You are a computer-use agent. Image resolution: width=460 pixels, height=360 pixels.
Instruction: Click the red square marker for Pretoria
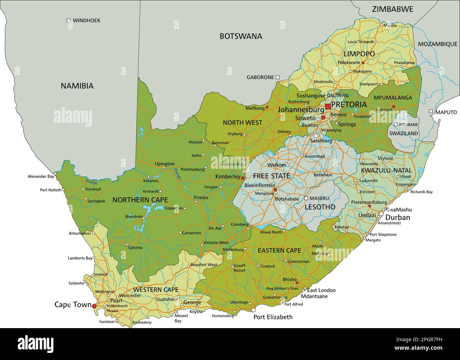(328, 106)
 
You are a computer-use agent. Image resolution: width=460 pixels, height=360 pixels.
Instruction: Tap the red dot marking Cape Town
(94, 306)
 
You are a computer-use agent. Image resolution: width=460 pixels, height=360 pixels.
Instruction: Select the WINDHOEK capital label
(86, 21)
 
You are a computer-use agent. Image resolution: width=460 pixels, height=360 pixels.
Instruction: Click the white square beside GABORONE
(278, 77)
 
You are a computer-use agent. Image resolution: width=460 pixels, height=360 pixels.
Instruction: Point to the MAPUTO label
(446, 112)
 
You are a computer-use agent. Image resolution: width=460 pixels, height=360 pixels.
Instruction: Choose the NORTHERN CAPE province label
(140, 200)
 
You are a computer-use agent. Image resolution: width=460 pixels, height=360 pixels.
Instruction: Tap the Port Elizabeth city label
(273, 317)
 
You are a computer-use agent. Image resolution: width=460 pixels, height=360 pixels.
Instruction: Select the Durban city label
(397, 217)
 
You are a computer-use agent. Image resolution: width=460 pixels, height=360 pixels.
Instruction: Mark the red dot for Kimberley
(243, 178)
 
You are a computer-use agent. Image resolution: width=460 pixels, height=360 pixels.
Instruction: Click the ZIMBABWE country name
(392, 9)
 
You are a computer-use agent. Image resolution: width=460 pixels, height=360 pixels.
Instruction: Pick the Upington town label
(165, 164)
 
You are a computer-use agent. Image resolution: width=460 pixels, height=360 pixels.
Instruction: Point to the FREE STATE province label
(271, 176)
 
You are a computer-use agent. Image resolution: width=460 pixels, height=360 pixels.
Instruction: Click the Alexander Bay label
(41, 176)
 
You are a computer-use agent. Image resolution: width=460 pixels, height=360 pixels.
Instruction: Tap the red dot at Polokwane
(363, 63)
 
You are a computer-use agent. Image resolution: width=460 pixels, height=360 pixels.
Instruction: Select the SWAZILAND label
(403, 133)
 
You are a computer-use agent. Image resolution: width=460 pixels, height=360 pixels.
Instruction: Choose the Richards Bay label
(421, 192)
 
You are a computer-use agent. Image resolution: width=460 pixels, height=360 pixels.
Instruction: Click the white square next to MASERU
(306, 198)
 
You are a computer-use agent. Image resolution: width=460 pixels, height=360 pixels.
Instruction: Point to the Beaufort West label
(203, 265)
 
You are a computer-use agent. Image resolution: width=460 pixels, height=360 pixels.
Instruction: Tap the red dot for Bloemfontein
(275, 190)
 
